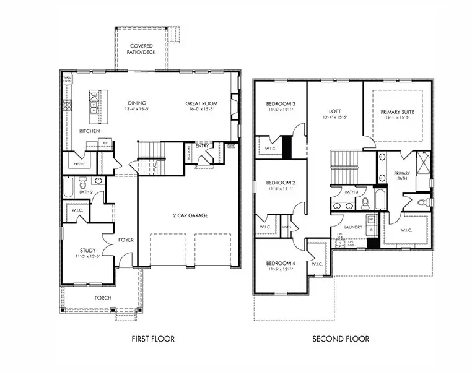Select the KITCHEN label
[90, 132]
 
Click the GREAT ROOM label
[201, 103]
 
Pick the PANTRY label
[79, 164]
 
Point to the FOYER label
[126, 240]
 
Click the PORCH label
[103, 298]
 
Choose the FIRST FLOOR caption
[153, 339]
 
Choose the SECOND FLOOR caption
[341, 339]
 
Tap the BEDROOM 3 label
[281, 103]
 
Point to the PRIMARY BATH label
[403, 175]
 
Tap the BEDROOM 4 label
[281, 264]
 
